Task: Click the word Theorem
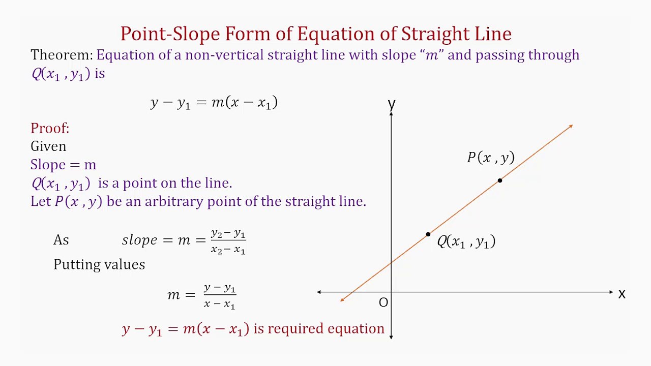(x=61, y=55)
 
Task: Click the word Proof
(x=49, y=128)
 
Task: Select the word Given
(x=48, y=146)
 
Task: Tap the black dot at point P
(x=500, y=180)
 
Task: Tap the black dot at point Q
(x=428, y=234)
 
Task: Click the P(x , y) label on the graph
(x=491, y=158)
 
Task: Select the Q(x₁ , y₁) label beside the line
(x=466, y=241)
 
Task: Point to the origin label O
(x=383, y=303)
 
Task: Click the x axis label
(x=622, y=294)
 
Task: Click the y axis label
(x=391, y=104)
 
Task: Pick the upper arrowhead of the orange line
(x=571, y=127)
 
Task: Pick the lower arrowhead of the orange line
(x=343, y=299)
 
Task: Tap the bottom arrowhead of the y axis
(x=391, y=336)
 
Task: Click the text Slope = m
(x=63, y=165)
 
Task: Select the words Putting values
(x=99, y=264)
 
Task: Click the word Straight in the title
(x=432, y=34)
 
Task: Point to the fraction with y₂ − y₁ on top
(x=228, y=241)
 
